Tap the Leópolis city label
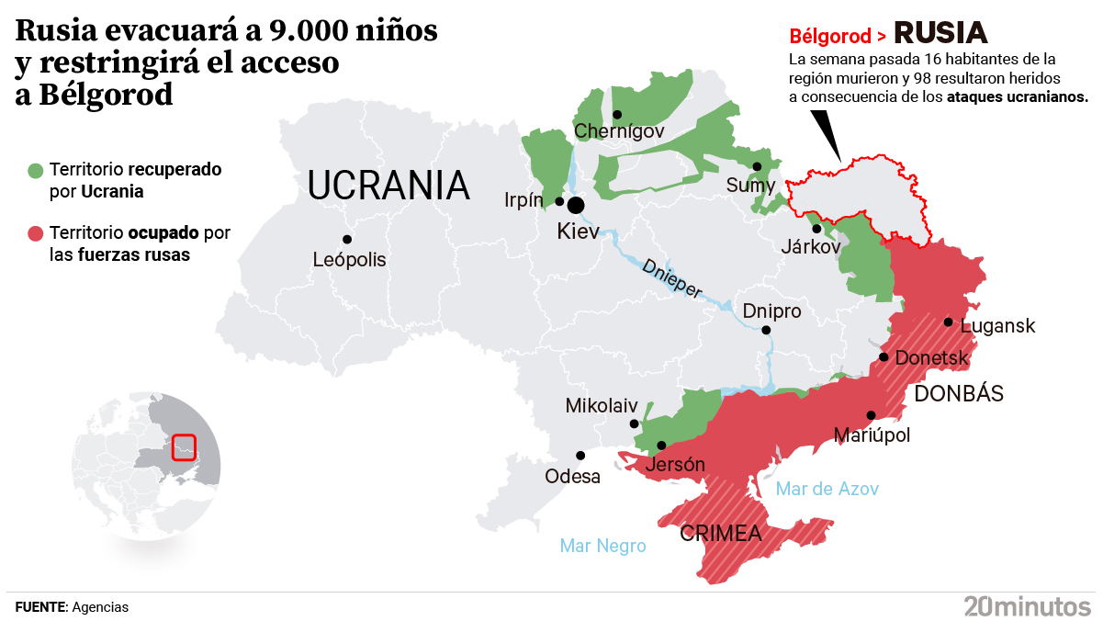pos(349,260)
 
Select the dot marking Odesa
pos(580,455)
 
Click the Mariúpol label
pos(872,435)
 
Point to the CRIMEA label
pos(720,533)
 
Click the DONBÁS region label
pos(959,394)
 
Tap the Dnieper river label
pos(672,277)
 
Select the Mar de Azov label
pos(827,489)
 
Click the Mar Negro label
pos(602,546)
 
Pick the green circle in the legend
pos(36,171)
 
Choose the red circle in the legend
pos(36,234)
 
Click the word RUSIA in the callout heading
pos(940,34)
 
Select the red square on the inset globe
pos(184,446)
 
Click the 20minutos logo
pos(1027,605)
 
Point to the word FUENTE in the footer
pos(41,607)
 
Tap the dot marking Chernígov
pos(617,115)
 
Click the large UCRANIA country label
pos(388,186)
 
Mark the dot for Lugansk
pos(948,322)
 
